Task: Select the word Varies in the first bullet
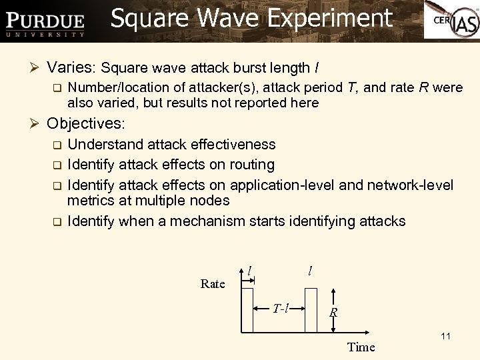(x=73, y=67)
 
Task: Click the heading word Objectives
(x=86, y=124)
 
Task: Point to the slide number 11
(x=445, y=336)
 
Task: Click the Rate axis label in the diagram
(x=213, y=284)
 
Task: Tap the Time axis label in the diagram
(x=361, y=347)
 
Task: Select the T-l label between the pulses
(x=281, y=308)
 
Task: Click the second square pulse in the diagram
(x=311, y=309)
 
